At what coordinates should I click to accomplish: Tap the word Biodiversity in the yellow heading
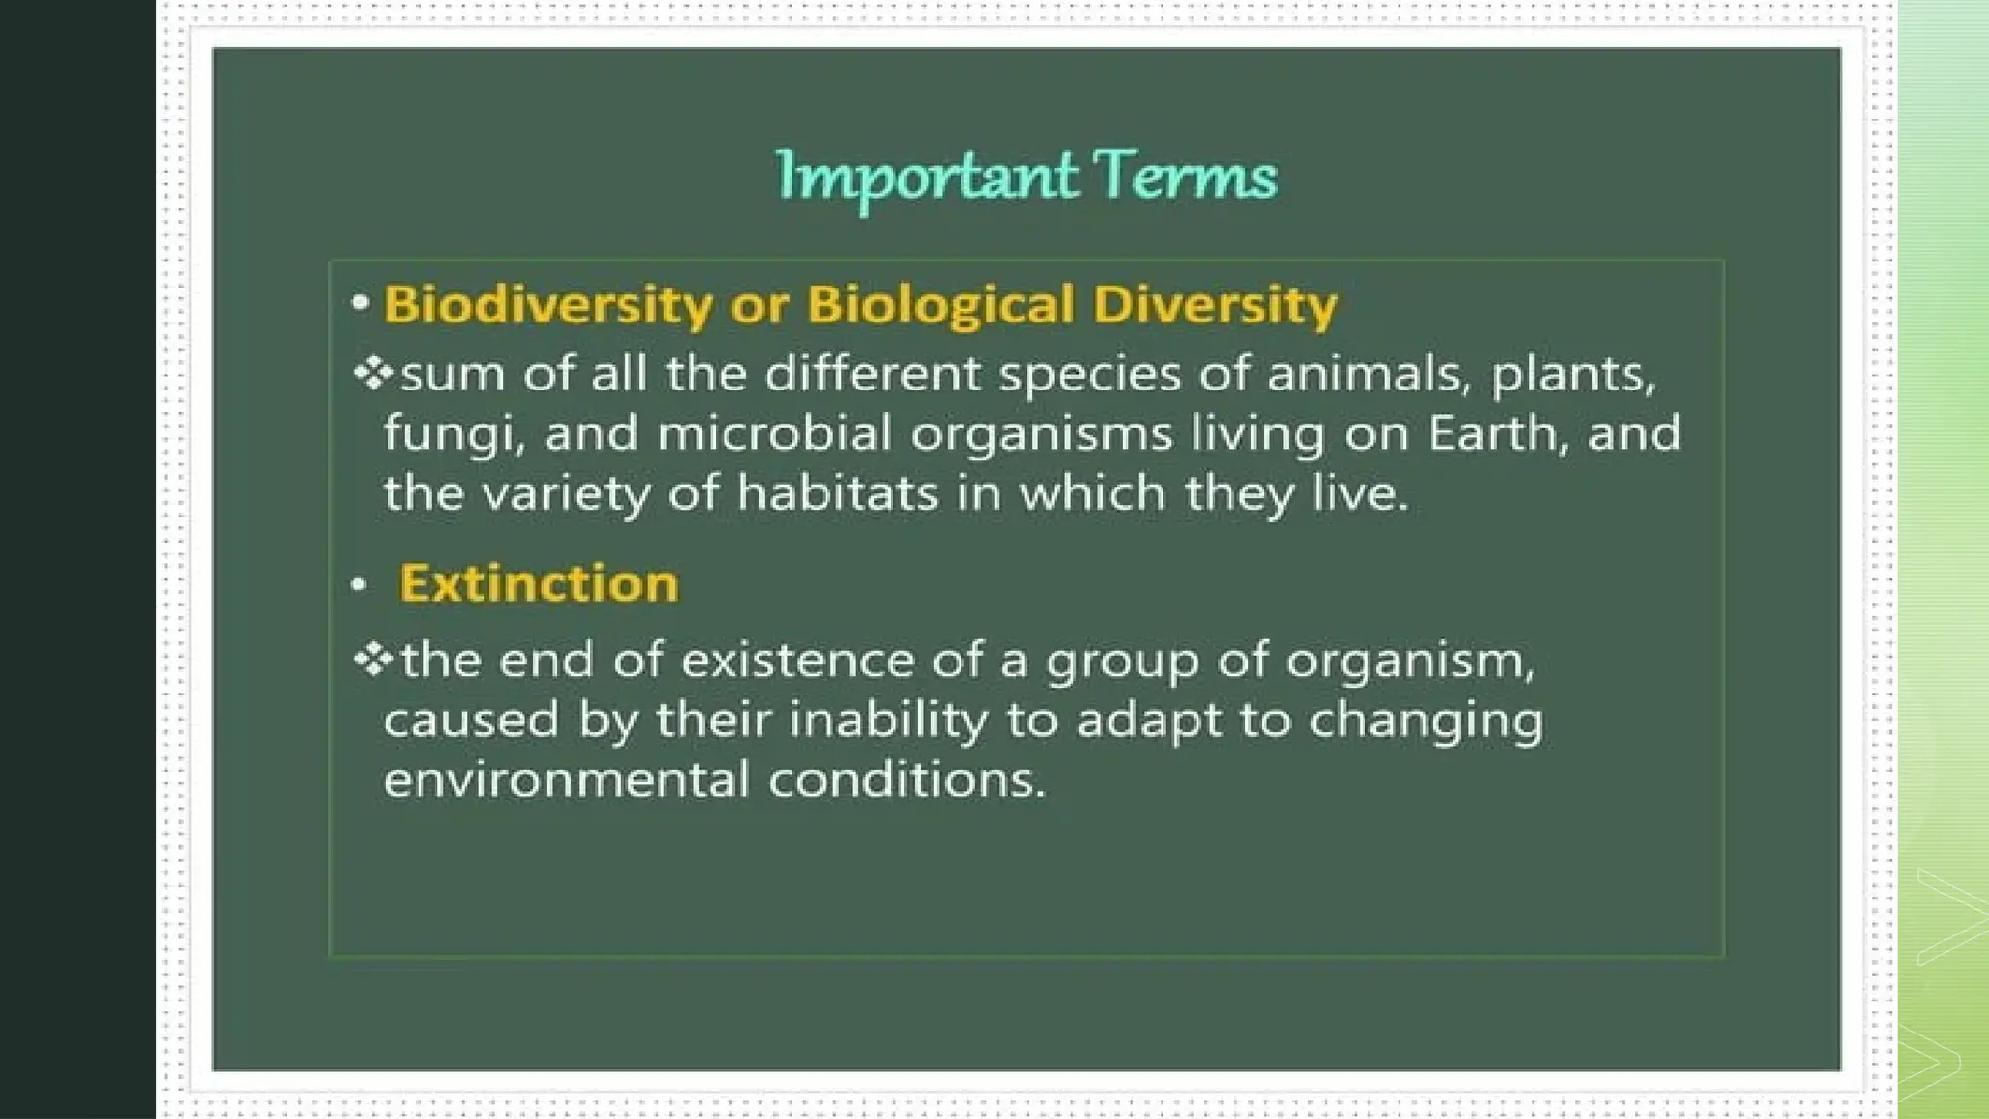tap(548, 304)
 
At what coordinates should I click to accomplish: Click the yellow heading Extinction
tap(538, 584)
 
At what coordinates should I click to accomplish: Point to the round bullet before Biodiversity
tap(360, 303)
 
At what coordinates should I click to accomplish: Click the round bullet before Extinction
tap(358, 585)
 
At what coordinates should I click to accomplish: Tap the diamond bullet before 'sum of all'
tap(373, 373)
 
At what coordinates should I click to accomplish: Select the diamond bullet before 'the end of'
tap(373, 661)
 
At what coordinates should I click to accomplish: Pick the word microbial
tap(774, 433)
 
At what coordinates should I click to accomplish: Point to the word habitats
tap(837, 493)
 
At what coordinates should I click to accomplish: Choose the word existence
tap(797, 661)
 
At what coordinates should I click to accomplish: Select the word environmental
tap(566, 780)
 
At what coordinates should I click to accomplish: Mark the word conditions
tap(906, 780)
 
